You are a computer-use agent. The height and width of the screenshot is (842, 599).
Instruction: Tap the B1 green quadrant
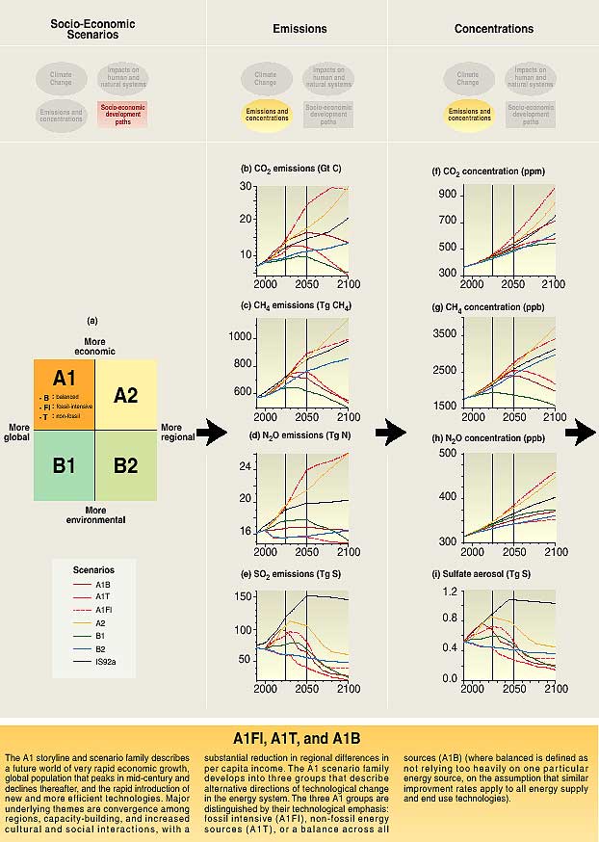click(x=65, y=465)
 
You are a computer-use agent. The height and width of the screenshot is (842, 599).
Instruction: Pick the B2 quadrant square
click(x=126, y=465)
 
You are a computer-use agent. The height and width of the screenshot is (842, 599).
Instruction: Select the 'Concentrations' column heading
click(x=494, y=30)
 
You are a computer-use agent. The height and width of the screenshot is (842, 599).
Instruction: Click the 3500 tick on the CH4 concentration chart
click(x=446, y=333)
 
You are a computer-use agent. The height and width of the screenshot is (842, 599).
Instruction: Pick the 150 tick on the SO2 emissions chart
click(x=243, y=597)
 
